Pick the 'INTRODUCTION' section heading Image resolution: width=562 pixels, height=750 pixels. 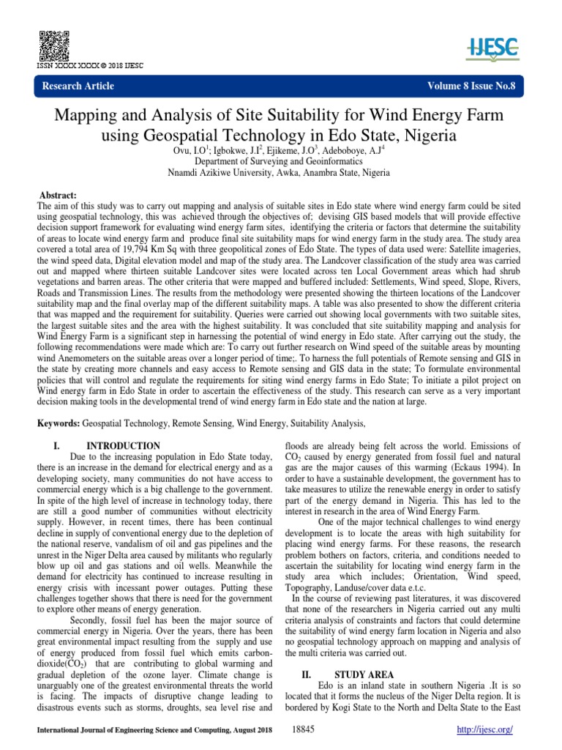pyautogui.click(x=123, y=445)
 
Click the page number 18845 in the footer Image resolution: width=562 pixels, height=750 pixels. pyautogui.click(x=303, y=731)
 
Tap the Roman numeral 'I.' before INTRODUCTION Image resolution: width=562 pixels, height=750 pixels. pyautogui.click(x=58, y=445)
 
